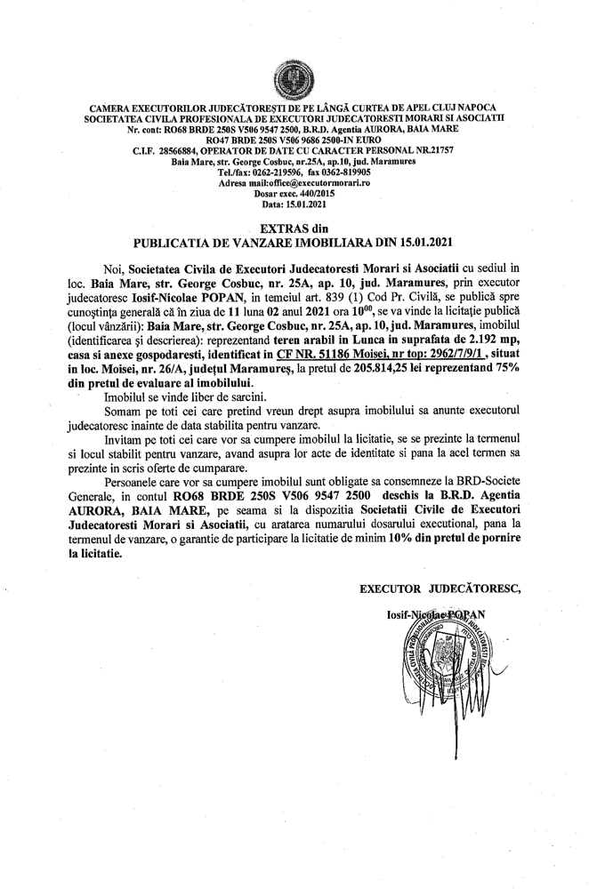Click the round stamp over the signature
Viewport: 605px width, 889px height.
pos(448,656)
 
